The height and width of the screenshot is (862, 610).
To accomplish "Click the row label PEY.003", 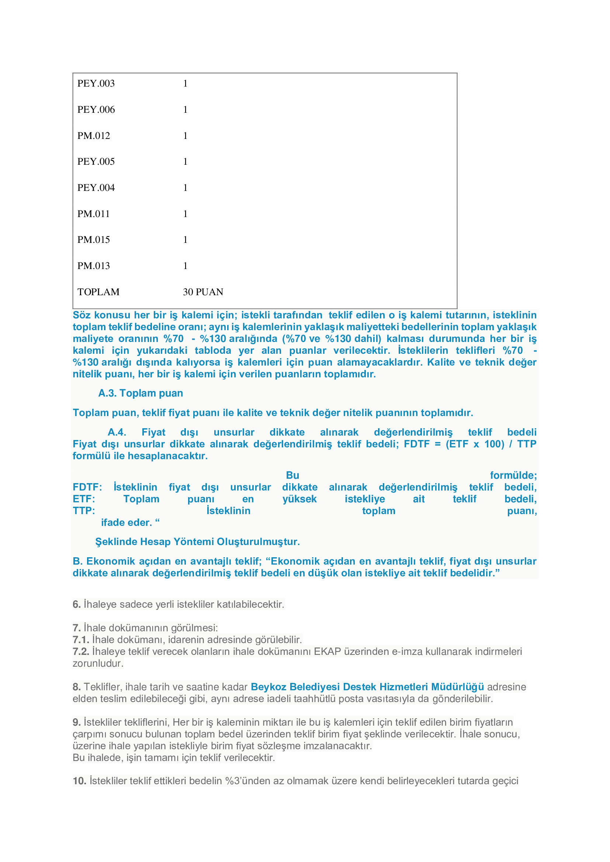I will (x=96, y=84).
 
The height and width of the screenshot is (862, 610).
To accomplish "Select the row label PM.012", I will (x=94, y=136).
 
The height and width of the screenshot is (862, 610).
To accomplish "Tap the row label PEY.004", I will (x=96, y=188).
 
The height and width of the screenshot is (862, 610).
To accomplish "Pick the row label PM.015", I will (x=94, y=240).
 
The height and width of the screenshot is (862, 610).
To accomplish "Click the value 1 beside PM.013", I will (x=185, y=266).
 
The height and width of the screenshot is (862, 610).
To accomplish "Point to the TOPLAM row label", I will (x=98, y=292).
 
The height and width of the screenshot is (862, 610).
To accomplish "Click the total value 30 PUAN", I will (x=203, y=292).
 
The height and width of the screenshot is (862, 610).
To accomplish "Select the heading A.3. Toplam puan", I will (x=141, y=393).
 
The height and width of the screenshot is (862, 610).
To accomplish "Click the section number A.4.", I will (x=117, y=432).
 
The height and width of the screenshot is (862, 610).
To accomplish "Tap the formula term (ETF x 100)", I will (x=475, y=444).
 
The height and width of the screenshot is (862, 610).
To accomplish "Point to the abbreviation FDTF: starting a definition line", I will (x=87, y=487).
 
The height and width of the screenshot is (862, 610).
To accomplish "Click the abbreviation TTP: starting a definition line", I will (x=84, y=511).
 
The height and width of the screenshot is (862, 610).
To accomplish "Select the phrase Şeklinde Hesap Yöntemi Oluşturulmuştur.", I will (x=197, y=542).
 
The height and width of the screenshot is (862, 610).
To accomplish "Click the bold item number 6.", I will (x=77, y=604).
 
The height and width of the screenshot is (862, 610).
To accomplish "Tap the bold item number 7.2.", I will (x=81, y=651).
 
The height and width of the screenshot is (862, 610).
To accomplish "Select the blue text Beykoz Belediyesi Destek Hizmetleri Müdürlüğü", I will (x=367, y=687).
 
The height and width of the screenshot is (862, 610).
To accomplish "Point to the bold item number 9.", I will (x=77, y=722).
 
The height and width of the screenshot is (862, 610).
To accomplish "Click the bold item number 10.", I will (x=80, y=781).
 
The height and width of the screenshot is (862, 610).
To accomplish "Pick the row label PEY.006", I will (x=96, y=109).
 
